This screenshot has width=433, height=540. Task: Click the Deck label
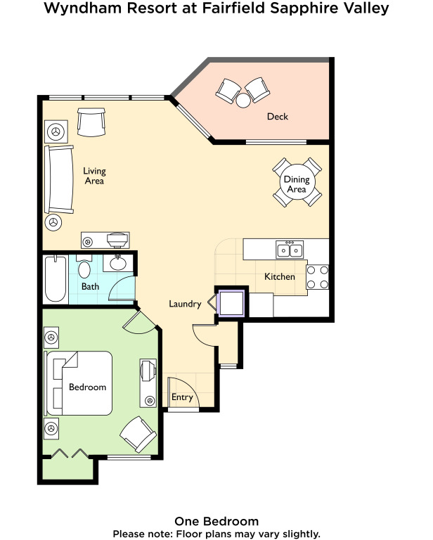pyautogui.click(x=278, y=117)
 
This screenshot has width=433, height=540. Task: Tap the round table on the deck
pyautogui.click(x=243, y=101)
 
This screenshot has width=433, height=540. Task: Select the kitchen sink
pyautogui.click(x=290, y=250)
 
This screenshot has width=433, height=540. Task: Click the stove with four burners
pyautogui.click(x=317, y=277)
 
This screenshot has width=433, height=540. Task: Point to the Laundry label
pyautogui.click(x=185, y=304)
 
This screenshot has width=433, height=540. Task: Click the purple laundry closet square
pyautogui.click(x=231, y=304)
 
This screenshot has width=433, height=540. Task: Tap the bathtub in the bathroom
pyautogui.click(x=56, y=279)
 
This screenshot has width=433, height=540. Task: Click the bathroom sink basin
pyautogui.click(x=118, y=264)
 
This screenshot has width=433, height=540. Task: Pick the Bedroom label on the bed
pyautogui.click(x=87, y=387)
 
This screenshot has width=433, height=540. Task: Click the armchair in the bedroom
pyautogui.click(x=138, y=435)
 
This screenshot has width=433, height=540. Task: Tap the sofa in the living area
pyautogui.click(x=59, y=179)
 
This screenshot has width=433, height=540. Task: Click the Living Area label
pyautogui.click(x=94, y=176)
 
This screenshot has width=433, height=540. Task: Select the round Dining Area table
pyautogui.click(x=297, y=183)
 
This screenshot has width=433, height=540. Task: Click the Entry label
pyautogui.click(x=182, y=397)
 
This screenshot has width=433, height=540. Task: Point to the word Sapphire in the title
pyautogui.click(x=304, y=8)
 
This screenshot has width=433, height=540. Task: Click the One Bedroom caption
pyautogui.click(x=216, y=522)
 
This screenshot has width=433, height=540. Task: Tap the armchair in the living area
pyautogui.click(x=91, y=122)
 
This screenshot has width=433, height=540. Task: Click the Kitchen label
pyautogui.click(x=280, y=276)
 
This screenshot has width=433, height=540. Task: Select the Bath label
pyautogui.click(x=90, y=287)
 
